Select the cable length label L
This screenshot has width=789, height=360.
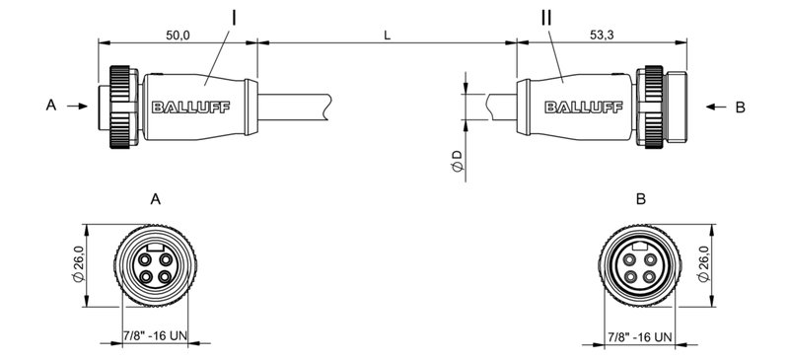click(x=387, y=34)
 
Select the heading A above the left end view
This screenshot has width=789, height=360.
click(x=155, y=199)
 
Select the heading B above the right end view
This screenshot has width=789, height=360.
click(x=641, y=199)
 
